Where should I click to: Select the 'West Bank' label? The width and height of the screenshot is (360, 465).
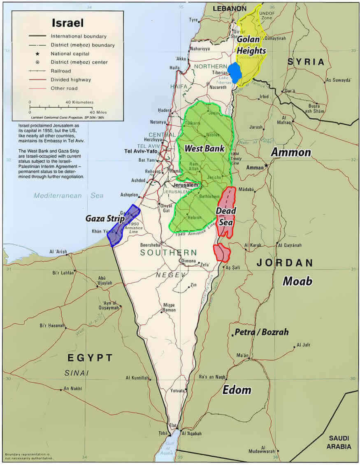(204, 148)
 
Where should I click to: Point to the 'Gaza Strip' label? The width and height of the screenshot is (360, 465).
(105, 219)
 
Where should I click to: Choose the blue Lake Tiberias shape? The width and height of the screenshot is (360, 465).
(235, 73)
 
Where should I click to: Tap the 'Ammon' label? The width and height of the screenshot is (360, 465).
(290, 152)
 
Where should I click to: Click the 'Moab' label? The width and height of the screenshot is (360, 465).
(297, 281)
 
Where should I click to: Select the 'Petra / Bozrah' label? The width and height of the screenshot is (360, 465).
(261, 332)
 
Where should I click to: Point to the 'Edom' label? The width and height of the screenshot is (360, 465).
(237, 390)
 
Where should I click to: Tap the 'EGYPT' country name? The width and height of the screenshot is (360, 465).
(90, 358)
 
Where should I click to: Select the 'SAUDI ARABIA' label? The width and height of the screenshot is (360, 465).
(339, 443)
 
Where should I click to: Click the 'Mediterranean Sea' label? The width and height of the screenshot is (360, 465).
(69, 196)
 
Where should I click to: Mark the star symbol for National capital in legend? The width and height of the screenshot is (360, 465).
(37, 54)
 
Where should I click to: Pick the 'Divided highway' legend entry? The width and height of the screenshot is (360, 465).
(71, 80)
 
